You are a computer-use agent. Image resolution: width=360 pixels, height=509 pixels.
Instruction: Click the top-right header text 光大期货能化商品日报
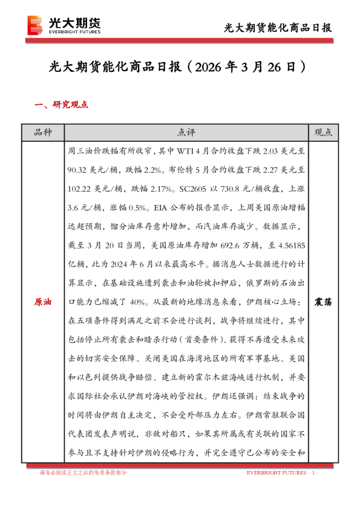[x=278, y=27]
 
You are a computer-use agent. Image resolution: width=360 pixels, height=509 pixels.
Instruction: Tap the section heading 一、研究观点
[x=61, y=105]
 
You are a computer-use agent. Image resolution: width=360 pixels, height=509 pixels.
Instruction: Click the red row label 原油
[x=42, y=300]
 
